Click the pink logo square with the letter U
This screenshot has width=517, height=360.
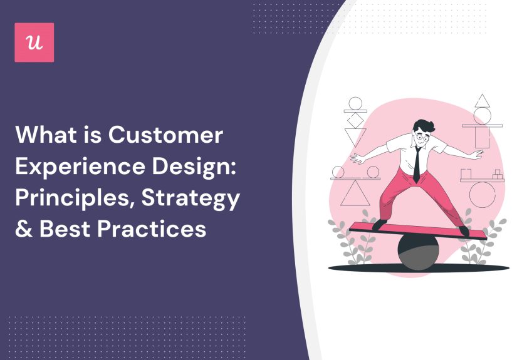[34, 43]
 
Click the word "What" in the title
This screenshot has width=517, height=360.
[43, 135]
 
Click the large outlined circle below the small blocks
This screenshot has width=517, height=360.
[482, 194]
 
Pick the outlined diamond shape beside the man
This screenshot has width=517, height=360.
[355, 119]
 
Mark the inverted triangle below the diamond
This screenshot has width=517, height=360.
[356, 136]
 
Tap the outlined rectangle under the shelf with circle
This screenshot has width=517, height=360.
[483, 137]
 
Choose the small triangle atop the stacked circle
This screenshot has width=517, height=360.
[482, 101]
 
